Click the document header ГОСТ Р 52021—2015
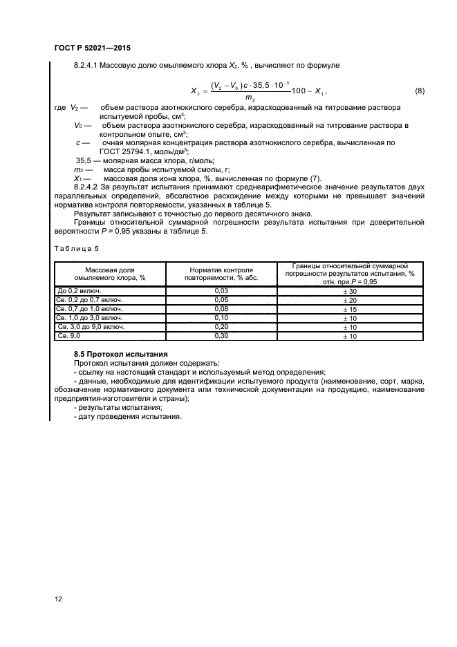pos(92,48)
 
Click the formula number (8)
pos(419,92)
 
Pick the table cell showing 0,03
pos(222,291)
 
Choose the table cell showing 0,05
pos(222,300)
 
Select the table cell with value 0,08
pos(222,309)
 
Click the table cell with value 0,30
pos(222,335)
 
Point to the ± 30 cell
pos(349,291)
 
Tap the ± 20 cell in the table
pos(349,300)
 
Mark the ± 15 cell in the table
pos(349,309)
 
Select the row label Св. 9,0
pos(69,335)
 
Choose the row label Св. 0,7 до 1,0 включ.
pos(91,309)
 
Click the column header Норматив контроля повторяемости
pos(222,273)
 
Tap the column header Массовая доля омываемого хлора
pos(110,273)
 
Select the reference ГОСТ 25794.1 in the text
pos(126,151)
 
